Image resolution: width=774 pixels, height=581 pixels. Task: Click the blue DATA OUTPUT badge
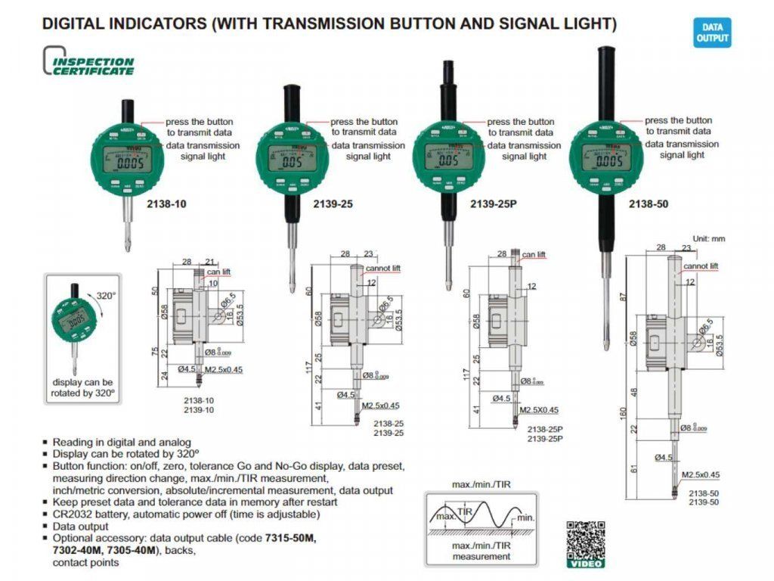tap(712, 33)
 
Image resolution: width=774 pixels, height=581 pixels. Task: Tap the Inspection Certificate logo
tap(89, 62)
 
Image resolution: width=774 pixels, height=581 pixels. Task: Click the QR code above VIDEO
tap(585, 539)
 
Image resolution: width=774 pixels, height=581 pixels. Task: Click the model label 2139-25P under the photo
tap(491, 204)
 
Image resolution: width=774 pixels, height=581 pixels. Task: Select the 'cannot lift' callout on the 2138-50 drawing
tap(701, 266)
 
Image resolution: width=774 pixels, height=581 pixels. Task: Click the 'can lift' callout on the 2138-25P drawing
tap(534, 255)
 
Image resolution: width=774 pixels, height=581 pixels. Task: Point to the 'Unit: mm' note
tap(708, 239)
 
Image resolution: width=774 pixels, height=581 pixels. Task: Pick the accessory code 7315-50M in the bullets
tap(292, 538)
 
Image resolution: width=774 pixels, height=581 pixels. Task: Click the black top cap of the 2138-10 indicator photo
tap(128, 110)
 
